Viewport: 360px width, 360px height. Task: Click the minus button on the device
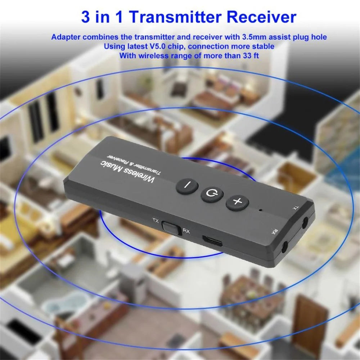pos(187,186)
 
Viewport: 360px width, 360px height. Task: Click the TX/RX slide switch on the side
pos(171,228)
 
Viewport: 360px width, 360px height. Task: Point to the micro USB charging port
pos(212,240)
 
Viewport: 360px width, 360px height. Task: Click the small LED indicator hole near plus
pos(260,210)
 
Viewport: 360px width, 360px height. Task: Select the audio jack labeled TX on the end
pos(305,223)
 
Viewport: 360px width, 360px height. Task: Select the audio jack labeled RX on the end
pos(285,247)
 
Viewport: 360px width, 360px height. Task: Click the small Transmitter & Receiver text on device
pos(134,164)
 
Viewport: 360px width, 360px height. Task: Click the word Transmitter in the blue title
pos(176,17)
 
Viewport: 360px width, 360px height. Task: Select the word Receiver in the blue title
pos(261,17)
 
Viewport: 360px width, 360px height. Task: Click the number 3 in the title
pos(85,17)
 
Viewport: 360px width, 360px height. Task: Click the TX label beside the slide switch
pos(156,220)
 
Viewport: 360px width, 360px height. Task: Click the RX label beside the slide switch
pos(186,231)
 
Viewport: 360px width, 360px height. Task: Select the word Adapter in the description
pos(66,37)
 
